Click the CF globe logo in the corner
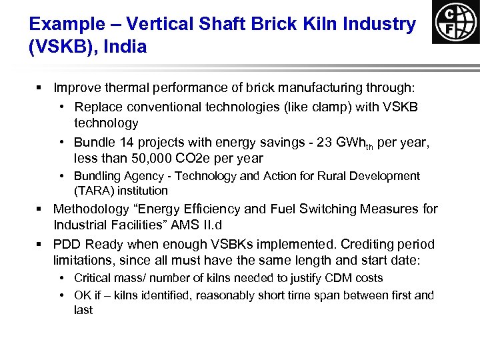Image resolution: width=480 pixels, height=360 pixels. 455,22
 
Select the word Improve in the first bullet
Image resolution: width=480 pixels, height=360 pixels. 75,87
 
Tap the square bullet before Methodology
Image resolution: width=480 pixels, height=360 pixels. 40,209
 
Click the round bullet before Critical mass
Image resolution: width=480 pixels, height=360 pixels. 61,278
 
